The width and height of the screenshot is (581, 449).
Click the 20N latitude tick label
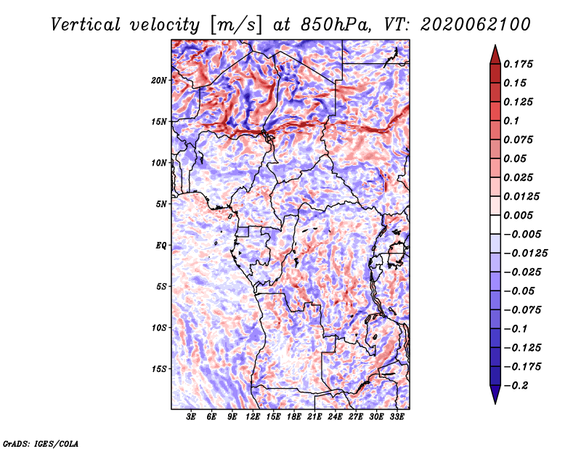tap(159, 81)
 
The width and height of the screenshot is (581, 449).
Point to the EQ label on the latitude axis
tap(161, 246)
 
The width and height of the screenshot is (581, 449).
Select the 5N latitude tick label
tap(161, 204)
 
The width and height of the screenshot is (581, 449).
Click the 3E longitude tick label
tap(191, 417)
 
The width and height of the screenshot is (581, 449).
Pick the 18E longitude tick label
tap(294, 417)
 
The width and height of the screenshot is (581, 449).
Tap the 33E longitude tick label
tap(397, 417)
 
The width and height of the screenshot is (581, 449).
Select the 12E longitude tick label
tap(253, 417)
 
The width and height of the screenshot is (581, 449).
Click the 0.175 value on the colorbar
tap(518, 64)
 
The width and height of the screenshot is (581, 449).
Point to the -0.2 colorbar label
tap(516, 386)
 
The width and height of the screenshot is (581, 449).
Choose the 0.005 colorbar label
tap(518, 215)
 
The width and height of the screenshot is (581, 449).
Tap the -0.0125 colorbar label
tap(525, 254)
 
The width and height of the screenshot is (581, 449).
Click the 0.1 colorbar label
tap(511, 121)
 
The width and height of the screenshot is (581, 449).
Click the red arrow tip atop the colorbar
tap(495, 45)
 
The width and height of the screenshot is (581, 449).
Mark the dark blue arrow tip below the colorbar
tap(495, 403)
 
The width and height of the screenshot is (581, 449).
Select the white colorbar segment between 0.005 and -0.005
tap(495, 224)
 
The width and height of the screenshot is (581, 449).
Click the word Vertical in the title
tap(86, 25)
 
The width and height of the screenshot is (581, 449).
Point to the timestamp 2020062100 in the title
tap(476, 25)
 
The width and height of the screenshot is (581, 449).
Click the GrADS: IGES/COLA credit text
tap(41, 443)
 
